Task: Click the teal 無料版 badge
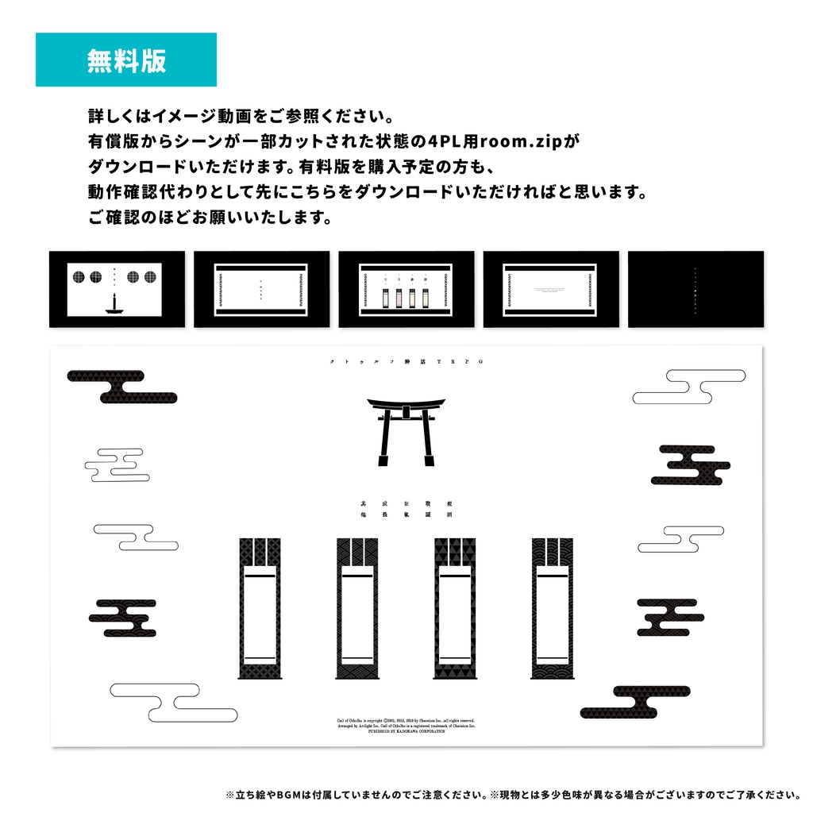(126, 60)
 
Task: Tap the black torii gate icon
(406, 431)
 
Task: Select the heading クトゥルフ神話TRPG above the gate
(406, 361)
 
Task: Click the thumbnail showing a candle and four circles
(117, 289)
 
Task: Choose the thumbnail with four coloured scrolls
(406, 289)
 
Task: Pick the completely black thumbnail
(695, 289)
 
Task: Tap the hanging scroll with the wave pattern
(552, 608)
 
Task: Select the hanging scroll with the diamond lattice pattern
(259, 608)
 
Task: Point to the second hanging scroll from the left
(356, 608)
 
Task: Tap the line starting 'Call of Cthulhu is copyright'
(406, 719)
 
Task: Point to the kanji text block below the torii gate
(406, 509)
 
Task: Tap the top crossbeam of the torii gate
(406, 403)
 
